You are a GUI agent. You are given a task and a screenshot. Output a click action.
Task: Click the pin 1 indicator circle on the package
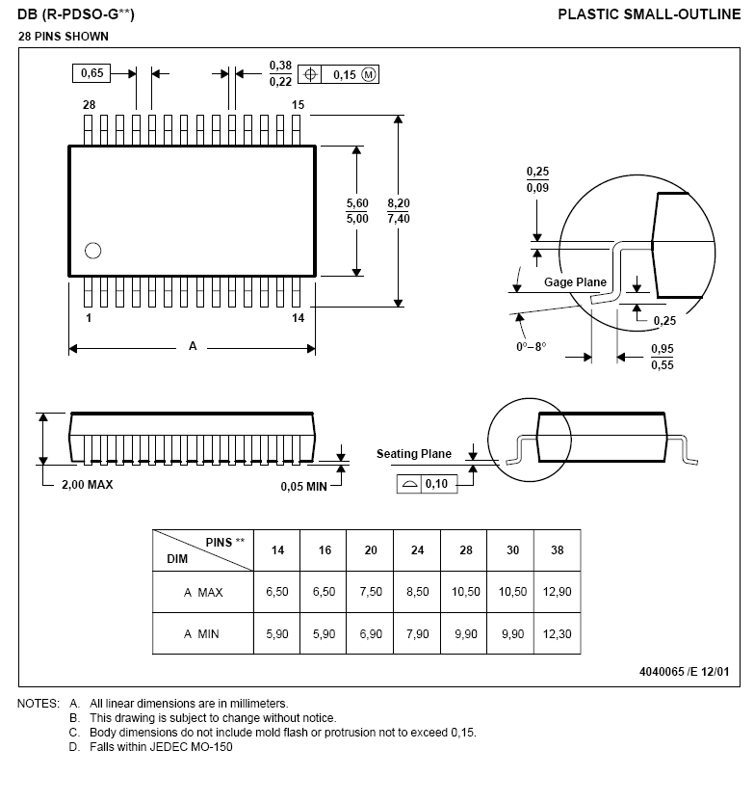[92, 251]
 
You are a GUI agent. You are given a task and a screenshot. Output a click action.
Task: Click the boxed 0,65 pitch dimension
[91, 73]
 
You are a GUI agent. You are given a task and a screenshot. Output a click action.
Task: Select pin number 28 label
[89, 105]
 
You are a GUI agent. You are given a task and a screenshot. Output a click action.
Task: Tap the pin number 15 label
[298, 105]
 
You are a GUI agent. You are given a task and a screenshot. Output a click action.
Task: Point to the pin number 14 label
[298, 318]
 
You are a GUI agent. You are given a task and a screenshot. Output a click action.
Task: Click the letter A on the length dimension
[193, 346]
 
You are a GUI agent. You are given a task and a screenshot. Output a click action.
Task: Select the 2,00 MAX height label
[87, 485]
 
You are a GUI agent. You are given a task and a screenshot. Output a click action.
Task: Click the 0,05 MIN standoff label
[303, 487]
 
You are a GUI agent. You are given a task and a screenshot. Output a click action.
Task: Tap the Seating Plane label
[414, 454]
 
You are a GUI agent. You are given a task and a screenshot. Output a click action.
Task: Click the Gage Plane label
[575, 282]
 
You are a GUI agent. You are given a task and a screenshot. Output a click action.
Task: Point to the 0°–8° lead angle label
[531, 347]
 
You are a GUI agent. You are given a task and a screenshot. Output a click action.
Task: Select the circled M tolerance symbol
[368, 75]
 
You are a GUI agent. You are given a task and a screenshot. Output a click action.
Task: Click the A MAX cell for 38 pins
[557, 592]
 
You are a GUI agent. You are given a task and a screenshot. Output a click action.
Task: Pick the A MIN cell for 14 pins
[276, 634]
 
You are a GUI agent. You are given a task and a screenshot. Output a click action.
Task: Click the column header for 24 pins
[417, 550]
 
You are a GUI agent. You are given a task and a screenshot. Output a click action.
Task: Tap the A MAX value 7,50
[371, 592]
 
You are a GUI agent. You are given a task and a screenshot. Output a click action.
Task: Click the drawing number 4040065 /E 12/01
[684, 672]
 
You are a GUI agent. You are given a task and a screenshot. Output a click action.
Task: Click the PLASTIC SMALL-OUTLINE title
[649, 14]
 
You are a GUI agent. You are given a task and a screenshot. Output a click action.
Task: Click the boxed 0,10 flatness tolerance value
[436, 484]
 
